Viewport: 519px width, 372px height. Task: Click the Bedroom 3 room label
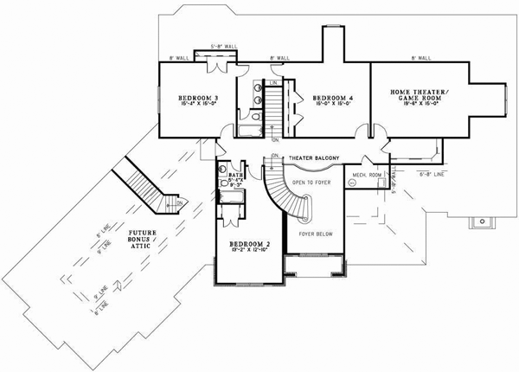(x=196, y=99)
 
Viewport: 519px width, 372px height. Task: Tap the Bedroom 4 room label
(x=330, y=99)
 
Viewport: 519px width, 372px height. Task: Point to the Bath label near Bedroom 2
(x=234, y=175)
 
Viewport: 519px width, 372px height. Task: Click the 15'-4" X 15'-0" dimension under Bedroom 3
(x=196, y=106)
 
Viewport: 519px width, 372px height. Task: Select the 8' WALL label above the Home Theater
(x=424, y=58)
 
